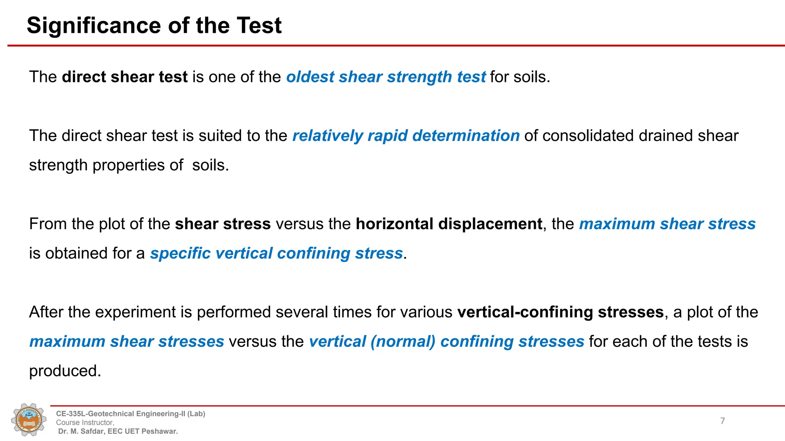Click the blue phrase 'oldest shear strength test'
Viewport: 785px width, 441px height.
click(x=386, y=77)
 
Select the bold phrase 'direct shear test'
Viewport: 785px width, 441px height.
click(x=125, y=77)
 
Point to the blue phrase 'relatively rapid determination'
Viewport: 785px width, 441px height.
click(x=406, y=136)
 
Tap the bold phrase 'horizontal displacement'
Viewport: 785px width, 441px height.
click(x=449, y=224)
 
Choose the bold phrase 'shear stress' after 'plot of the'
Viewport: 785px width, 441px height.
click(x=223, y=224)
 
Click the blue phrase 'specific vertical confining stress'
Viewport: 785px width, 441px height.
click(x=276, y=253)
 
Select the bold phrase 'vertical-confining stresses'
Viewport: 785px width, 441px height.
click(x=560, y=312)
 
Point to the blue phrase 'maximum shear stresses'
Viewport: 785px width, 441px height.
click(x=127, y=341)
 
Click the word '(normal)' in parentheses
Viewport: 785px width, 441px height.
click(x=403, y=341)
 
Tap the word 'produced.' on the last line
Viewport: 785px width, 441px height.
click(x=65, y=371)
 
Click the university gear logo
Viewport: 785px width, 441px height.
click(x=29, y=420)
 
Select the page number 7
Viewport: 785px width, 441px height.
click(x=723, y=421)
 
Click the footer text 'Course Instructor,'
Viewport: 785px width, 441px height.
click(x=85, y=423)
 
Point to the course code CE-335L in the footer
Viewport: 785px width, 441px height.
click(x=71, y=414)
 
